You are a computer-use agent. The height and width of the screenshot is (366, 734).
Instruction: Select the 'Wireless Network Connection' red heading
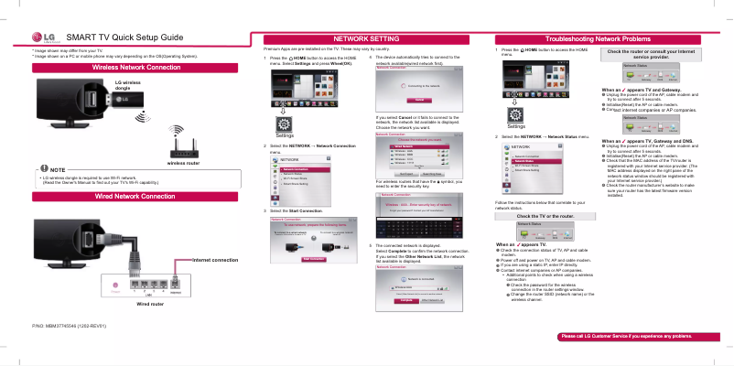(136, 68)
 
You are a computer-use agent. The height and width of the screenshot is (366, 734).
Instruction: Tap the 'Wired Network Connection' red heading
(135, 197)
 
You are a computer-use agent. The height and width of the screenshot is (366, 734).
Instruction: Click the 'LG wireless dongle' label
(127, 85)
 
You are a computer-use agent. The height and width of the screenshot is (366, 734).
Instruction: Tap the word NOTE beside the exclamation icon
(57, 170)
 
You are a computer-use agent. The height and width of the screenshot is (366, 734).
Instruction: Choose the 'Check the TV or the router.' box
(545, 215)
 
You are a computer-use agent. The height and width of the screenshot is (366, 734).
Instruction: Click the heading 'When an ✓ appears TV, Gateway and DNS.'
(647, 140)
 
